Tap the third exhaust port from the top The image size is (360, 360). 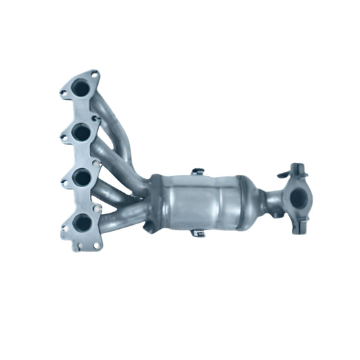[x=82, y=178]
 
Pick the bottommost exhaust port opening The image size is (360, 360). [x=82, y=222]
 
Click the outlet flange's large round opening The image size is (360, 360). [x=297, y=197]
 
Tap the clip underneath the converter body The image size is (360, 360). [x=197, y=233]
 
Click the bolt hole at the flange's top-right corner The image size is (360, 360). [x=95, y=74]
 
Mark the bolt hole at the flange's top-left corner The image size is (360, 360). [x=64, y=93]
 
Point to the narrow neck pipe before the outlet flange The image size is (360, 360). [x=273, y=200]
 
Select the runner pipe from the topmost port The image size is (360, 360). [x=115, y=118]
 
